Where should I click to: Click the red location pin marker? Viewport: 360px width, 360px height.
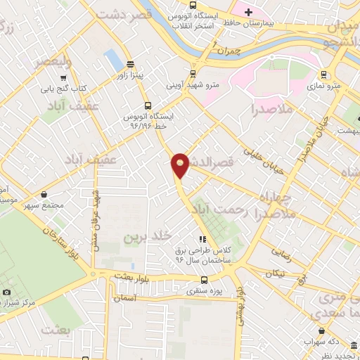click(x=181, y=164)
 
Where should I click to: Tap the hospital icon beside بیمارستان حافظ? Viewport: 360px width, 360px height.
click(x=247, y=13)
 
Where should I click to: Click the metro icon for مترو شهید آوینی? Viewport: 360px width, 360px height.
click(x=193, y=74)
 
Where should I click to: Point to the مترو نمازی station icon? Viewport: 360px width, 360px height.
click(x=323, y=74)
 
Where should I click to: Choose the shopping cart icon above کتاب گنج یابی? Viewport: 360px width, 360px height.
click(x=64, y=78)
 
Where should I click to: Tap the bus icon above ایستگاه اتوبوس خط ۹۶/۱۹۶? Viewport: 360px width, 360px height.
click(x=147, y=105)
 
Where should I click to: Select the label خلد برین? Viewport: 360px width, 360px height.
click(x=148, y=237)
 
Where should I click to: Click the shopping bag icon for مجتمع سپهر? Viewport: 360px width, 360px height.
click(x=45, y=194)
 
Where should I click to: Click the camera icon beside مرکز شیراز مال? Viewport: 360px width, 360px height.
click(x=7, y=292)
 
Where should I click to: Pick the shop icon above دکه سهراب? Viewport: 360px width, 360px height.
click(x=322, y=330)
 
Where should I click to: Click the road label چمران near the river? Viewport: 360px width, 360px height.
click(x=229, y=52)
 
